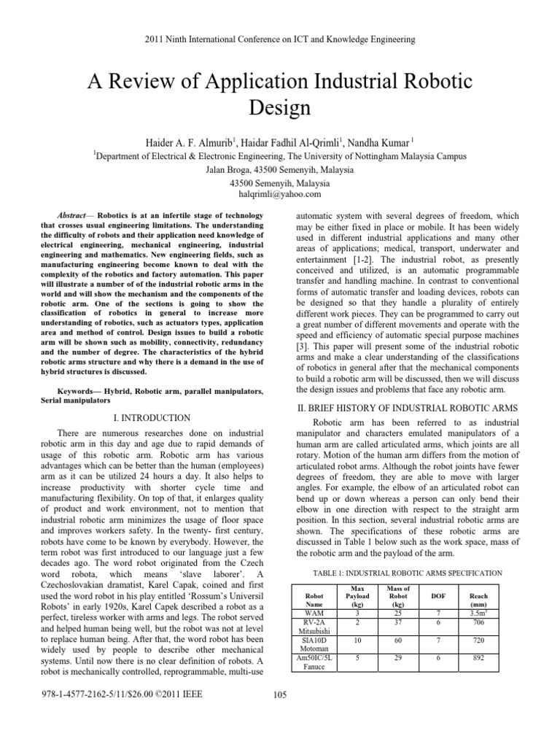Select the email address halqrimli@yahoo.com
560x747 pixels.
[280, 195]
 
